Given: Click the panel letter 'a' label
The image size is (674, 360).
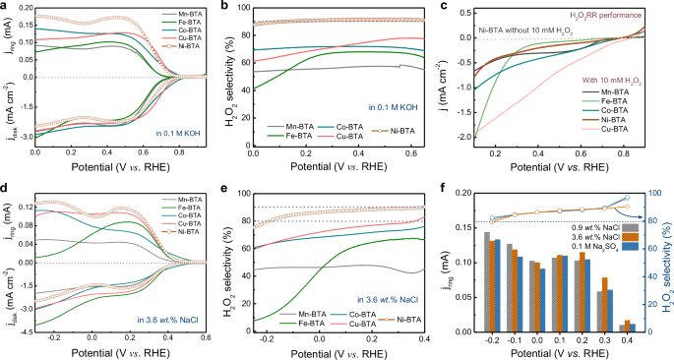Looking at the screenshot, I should (x=6, y=7).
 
